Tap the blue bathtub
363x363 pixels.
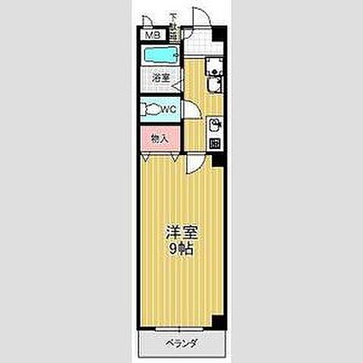tap(159, 55)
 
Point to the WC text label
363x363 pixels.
tap(168, 108)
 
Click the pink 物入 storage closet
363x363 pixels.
tap(159, 139)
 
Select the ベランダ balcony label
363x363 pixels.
tap(181, 344)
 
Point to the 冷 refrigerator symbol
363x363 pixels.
tap(215, 143)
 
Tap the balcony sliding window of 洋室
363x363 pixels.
tap(181, 328)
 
